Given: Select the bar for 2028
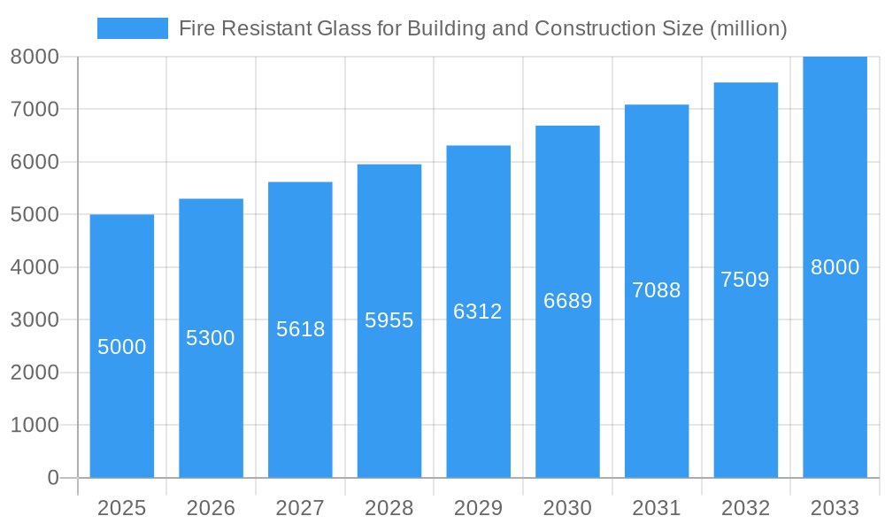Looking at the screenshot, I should pos(389,398).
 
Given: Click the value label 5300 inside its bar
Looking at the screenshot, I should pos(211,338).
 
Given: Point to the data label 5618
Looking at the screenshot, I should pos(300,329).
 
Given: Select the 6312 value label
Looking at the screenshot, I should pos(478,312).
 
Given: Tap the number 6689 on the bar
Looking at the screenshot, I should pos(567,301).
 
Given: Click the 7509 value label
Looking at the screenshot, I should pos(745,280).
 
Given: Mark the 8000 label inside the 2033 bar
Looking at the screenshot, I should pos(835,267).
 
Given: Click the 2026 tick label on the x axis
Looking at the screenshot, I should pos(211,508).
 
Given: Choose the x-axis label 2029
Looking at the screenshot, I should pos(478,508).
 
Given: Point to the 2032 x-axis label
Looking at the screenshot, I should pos(745,508).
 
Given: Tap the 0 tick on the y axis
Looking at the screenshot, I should pos(52,478).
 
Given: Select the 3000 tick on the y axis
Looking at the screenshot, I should pos(35,319).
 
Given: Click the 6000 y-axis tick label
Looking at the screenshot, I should pos(35,162).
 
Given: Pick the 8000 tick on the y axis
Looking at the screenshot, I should pos(35,57).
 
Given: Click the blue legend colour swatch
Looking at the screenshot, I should pos(133,28).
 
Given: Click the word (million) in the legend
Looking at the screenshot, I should pos(749,28).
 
